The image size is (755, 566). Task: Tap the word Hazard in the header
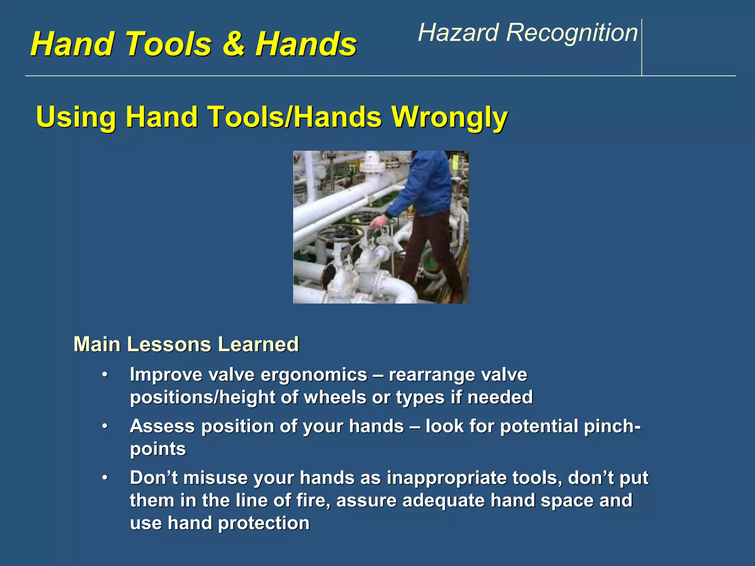pos(458,32)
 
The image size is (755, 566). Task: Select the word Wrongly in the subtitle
pos(449,117)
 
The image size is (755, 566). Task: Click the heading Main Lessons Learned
pos(186,344)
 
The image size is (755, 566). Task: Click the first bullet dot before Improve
pos(105,375)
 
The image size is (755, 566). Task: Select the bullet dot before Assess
pos(105,426)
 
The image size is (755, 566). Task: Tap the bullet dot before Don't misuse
pos(105,478)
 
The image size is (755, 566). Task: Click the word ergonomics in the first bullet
pos(314,375)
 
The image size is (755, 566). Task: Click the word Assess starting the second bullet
pos(162,426)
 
